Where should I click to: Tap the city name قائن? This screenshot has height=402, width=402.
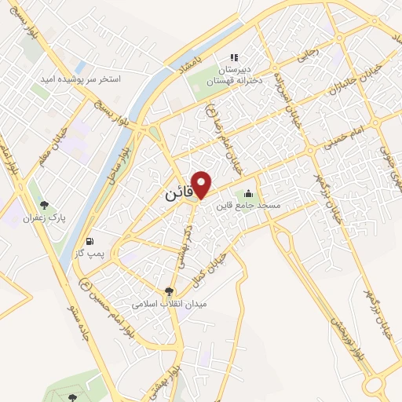click(x=177, y=192)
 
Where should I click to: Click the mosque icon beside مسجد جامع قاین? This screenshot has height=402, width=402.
click(x=250, y=193)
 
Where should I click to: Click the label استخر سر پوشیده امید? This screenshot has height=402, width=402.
click(x=82, y=79)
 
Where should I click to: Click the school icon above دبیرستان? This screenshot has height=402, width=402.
click(x=233, y=57)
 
